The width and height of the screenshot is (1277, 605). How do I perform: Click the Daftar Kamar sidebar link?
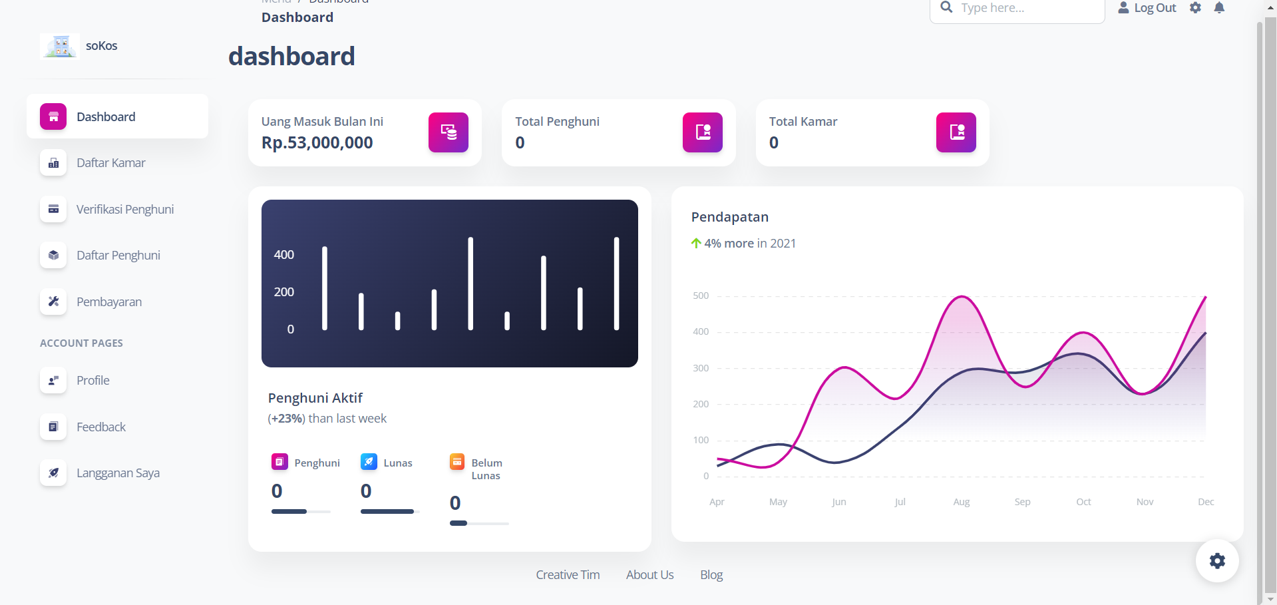[110, 163]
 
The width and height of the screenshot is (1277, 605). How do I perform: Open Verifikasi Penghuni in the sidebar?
[124, 210]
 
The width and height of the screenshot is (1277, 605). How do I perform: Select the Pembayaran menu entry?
[109, 302]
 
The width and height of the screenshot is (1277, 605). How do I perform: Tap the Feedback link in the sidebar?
[100, 427]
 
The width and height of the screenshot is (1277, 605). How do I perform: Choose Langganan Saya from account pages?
[118, 473]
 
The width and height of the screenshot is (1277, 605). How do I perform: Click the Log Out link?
[1147, 8]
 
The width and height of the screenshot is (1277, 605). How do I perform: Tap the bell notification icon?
[1219, 8]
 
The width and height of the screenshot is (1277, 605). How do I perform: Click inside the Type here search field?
[1025, 9]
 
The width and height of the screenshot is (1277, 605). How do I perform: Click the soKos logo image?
[60, 46]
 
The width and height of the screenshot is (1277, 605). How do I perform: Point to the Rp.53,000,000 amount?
[317, 142]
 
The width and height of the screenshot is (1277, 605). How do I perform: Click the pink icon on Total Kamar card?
[956, 132]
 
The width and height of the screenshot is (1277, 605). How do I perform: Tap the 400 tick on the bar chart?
[284, 255]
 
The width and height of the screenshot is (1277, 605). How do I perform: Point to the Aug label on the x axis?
[961, 502]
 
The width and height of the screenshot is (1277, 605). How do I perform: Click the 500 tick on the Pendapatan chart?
[701, 296]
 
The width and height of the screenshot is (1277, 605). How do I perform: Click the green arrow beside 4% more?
[696, 244]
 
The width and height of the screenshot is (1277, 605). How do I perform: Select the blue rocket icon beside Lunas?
[369, 462]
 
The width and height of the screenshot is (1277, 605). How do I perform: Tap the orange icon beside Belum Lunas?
[457, 462]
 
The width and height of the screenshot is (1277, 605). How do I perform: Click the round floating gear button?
[1216, 560]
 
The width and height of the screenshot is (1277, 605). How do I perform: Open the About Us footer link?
[649, 575]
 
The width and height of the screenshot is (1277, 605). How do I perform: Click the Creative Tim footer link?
[568, 575]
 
